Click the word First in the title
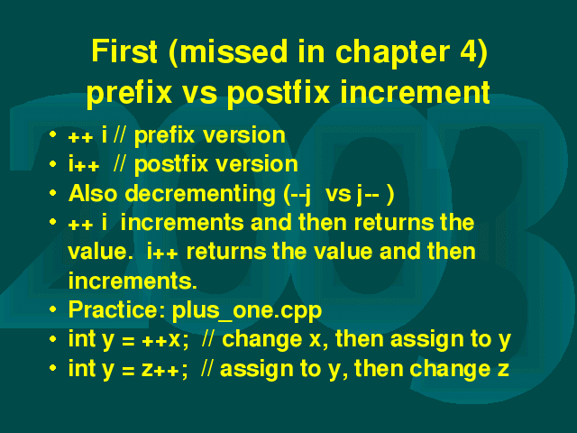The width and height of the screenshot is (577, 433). click(x=124, y=51)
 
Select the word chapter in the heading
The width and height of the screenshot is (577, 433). click(x=393, y=52)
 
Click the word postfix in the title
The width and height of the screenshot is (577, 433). click(x=279, y=92)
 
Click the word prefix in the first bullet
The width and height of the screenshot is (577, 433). click(x=164, y=136)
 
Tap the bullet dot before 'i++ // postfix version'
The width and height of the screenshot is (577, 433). click(x=52, y=163)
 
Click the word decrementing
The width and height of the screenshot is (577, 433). click(x=200, y=194)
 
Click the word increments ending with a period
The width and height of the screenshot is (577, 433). click(x=133, y=281)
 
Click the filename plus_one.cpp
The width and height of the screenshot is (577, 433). click(x=247, y=311)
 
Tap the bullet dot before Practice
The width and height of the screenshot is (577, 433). click(x=52, y=309)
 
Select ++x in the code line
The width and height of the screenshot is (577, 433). click(x=160, y=340)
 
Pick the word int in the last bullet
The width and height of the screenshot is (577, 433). click(x=82, y=368)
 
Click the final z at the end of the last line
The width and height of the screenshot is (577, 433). click(x=503, y=370)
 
